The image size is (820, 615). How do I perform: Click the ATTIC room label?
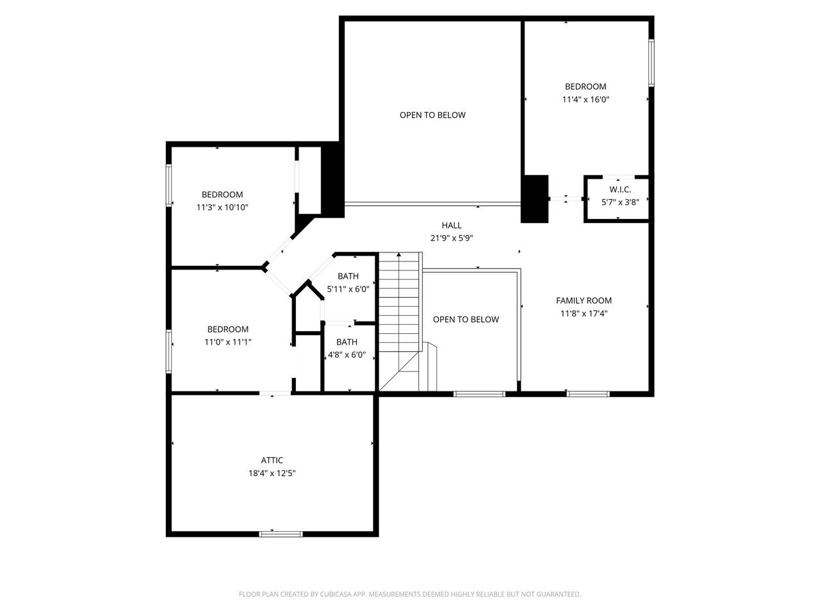click(272, 460)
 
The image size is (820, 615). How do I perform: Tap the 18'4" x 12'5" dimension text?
click(272, 473)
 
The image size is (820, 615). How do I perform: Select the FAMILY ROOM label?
click(584, 300)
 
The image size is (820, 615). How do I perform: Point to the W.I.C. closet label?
click(620, 190)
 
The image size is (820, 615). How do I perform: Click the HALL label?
click(451, 225)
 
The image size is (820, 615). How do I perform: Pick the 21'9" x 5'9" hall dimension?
click(451, 238)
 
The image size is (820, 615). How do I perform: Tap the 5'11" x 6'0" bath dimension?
click(348, 289)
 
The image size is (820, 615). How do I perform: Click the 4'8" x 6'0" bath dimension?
click(347, 355)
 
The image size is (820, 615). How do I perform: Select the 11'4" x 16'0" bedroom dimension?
click(586, 99)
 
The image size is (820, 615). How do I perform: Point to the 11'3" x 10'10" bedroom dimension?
click(222, 207)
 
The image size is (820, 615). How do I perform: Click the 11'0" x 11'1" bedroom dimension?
click(227, 341)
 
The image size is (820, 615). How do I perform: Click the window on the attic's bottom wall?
click(281, 534)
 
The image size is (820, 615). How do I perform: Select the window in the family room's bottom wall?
click(587, 394)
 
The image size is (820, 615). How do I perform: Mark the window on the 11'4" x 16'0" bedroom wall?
click(651, 63)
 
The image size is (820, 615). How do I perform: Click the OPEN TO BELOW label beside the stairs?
click(466, 319)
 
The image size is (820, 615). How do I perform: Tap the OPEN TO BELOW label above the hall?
click(432, 115)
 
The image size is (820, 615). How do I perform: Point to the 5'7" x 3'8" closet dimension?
click(620, 202)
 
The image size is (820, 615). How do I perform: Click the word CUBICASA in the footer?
click(336, 594)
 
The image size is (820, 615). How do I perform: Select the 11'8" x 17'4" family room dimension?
click(584, 313)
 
